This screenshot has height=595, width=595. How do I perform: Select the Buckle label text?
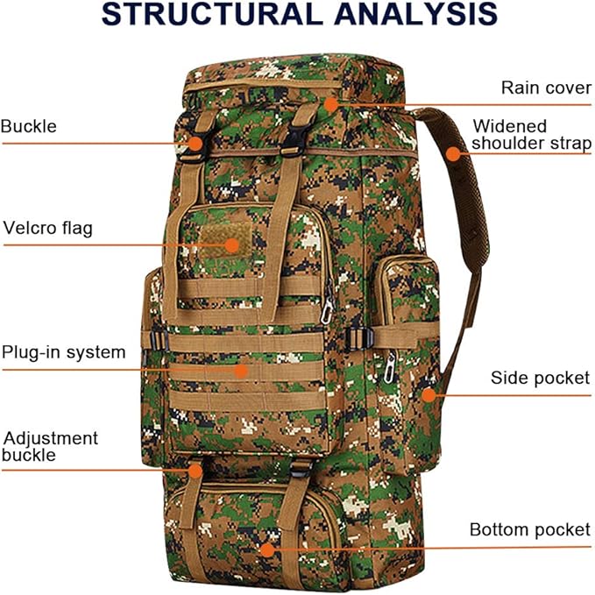(x=29, y=126)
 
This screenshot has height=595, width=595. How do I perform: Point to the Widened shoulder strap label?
(x=531, y=135)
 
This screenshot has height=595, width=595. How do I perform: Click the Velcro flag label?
(x=48, y=229)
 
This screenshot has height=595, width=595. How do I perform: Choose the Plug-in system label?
(x=63, y=352)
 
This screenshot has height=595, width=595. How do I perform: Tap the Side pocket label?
(x=540, y=379)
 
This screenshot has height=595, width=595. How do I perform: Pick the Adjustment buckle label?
(x=50, y=446)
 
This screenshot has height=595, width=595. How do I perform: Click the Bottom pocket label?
(x=530, y=529)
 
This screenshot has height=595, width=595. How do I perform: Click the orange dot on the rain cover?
(x=330, y=103)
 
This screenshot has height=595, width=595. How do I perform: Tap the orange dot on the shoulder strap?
(x=452, y=153)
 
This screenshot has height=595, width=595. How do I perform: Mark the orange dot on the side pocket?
(x=428, y=394)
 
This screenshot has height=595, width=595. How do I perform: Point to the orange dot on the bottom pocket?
(x=266, y=549)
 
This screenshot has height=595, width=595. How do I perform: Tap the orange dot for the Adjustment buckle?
(x=195, y=471)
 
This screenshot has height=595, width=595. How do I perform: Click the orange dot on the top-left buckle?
(x=196, y=142)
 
